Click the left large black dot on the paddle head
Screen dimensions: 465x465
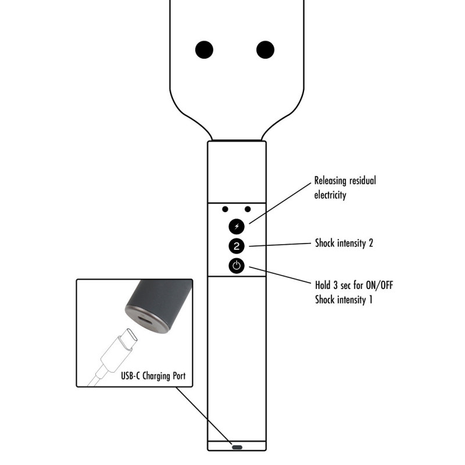click(x=204, y=49)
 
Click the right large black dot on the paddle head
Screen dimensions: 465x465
click(x=265, y=49)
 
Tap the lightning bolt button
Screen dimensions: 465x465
click(x=237, y=227)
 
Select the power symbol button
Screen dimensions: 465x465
click(x=237, y=266)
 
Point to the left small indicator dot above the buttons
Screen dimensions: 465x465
click(x=225, y=209)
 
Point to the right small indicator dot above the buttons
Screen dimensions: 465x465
click(x=248, y=209)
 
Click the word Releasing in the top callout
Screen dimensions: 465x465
click(x=330, y=181)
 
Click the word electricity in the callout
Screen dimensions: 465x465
click(x=330, y=195)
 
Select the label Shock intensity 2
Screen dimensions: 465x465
click(x=344, y=243)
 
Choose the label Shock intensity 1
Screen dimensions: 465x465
click(x=344, y=299)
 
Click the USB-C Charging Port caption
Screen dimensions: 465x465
click(x=153, y=376)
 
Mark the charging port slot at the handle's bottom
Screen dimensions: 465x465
click(x=237, y=447)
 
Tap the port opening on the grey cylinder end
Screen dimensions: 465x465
click(x=145, y=321)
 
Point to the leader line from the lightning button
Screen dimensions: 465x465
click(x=280, y=203)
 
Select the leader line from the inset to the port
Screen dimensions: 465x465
click(x=203, y=416)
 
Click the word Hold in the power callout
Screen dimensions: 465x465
click(x=323, y=285)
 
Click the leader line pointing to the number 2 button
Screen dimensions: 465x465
click(x=280, y=245)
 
